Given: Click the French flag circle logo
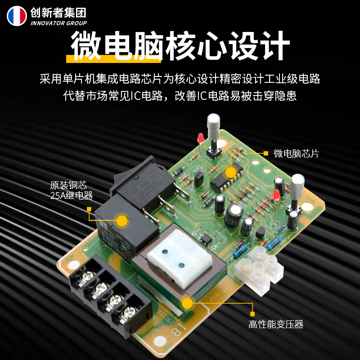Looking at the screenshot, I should click(x=17, y=16).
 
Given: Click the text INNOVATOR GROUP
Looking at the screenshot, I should click(x=58, y=23).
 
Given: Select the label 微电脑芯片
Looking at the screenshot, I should click(x=296, y=153).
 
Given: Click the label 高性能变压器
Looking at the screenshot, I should click(x=276, y=324).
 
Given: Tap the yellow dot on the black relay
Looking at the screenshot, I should click(x=121, y=220).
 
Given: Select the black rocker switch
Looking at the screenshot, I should click(x=143, y=180).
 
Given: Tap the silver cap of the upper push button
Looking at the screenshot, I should click(x=213, y=122).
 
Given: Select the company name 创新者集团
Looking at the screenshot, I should click(x=58, y=12).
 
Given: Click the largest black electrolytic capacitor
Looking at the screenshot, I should click(x=234, y=215).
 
